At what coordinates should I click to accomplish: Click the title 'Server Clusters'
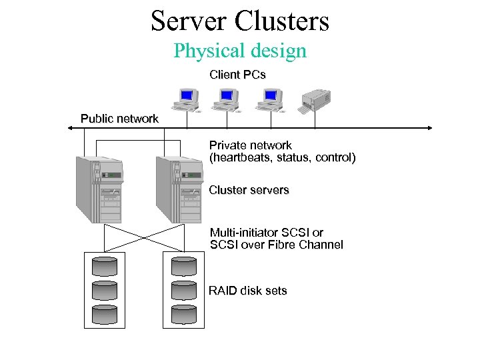click(x=240, y=21)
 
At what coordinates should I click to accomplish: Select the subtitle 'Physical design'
click(x=240, y=51)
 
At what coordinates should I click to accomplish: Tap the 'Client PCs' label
click(x=237, y=75)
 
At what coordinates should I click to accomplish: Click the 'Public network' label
click(x=119, y=119)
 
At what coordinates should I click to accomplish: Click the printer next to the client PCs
click(x=316, y=100)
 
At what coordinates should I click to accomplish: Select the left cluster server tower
click(x=99, y=189)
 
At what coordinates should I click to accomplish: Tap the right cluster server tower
click(x=179, y=189)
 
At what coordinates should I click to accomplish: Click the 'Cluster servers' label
click(x=249, y=190)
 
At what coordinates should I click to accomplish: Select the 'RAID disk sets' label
click(x=247, y=291)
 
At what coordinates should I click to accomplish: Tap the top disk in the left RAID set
click(x=104, y=265)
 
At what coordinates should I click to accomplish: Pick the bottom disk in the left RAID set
click(x=104, y=314)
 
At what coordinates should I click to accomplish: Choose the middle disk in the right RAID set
click(x=184, y=289)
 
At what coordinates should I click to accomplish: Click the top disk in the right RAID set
click(x=184, y=265)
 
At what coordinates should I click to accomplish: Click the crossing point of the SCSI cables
click(x=144, y=237)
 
